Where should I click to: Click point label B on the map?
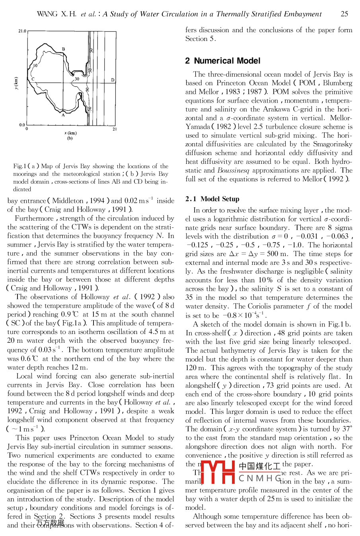pyautogui.click(x=64, y=49)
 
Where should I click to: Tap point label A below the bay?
pyautogui.click(x=63, y=115)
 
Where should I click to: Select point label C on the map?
pyautogui.click(x=33, y=79)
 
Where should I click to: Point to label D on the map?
pyautogui.click(x=113, y=80)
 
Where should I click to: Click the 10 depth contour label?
pyautogui.click(x=35, y=66)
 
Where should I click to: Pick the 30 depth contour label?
pyautogui.click(x=77, y=79)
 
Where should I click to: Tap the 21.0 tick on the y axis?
pyautogui.click(x=22, y=31)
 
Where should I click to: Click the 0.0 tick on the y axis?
pyautogui.click(x=22, y=125)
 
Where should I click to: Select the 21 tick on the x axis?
pyautogui.click(x=115, y=129)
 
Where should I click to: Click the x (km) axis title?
pyautogui.click(x=70, y=133)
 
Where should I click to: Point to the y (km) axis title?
pyautogui.click(x=16, y=83)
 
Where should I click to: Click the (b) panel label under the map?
pyautogui.click(x=70, y=138)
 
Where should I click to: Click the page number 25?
pyautogui.click(x=344, y=14)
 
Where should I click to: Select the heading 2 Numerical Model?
pyautogui.click(x=223, y=61)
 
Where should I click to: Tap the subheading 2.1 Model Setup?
pyautogui.click(x=212, y=199)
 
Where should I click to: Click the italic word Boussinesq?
pyautogui.click(x=233, y=170)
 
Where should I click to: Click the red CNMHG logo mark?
pyautogui.click(x=218, y=472)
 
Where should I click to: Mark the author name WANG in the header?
pyautogui.click(x=47, y=14)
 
